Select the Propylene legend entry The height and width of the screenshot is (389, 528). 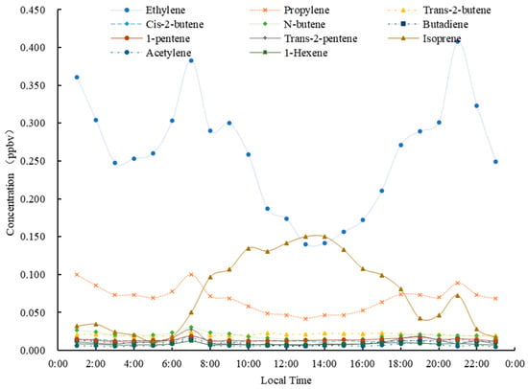click(x=289, y=11)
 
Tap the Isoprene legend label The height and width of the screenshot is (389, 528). click(x=442, y=38)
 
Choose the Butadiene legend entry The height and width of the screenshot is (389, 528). click(x=427, y=24)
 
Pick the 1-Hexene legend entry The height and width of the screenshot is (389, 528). click(x=288, y=53)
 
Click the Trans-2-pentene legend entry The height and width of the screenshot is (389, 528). click(x=303, y=38)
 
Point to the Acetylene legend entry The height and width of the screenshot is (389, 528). click(x=151, y=53)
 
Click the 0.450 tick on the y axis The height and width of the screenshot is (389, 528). click(x=33, y=11)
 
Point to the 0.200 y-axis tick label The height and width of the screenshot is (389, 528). click(x=33, y=199)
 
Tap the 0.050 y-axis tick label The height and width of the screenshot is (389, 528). click(x=33, y=312)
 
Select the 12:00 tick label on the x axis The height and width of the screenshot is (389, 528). click(x=287, y=364)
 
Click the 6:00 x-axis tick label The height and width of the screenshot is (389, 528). click(x=172, y=364)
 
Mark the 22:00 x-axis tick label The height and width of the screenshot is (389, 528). click(x=477, y=364)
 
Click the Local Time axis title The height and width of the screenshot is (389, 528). click(x=286, y=380)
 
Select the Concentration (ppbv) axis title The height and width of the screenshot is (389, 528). click(x=11, y=182)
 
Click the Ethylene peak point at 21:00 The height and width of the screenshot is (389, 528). click(x=458, y=41)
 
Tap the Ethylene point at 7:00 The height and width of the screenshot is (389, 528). click(x=191, y=60)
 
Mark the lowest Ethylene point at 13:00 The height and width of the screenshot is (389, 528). click(x=305, y=244)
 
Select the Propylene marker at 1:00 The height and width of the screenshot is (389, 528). click(x=77, y=275)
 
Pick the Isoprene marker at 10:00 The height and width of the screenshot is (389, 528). click(x=249, y=248)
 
